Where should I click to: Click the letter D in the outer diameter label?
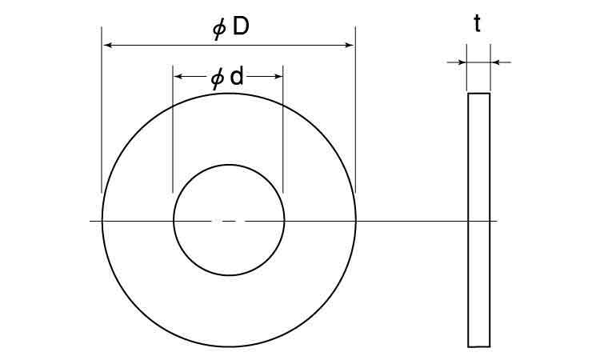click(x=240, y=26)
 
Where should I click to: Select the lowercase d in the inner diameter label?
click(x=236, y=77)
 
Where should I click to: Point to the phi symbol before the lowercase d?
click(x=217, y=78)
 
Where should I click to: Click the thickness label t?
click(x=477, y=25)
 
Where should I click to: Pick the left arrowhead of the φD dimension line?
click(x=108, y=46)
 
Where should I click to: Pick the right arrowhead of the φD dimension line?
click(x=349, y=46)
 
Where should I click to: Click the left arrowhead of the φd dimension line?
click(x=178, y=77)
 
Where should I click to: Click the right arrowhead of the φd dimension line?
click(x=278, y=77)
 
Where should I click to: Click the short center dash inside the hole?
click(x=229, y=221)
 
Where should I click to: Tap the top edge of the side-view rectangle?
click(x=478, y=94)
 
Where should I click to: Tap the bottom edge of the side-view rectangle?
click(x=478, y=346)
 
